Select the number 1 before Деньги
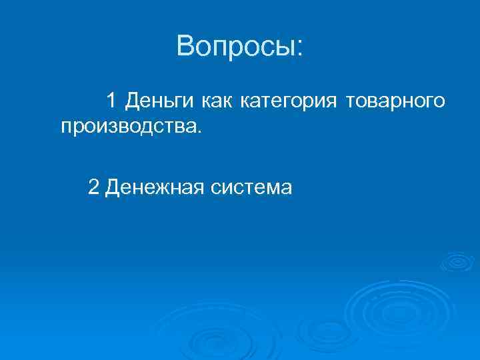click(111, 101)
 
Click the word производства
click(126, 126)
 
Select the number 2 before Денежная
click(93, 187)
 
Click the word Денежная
click(153, 188)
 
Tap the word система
click(251, 188)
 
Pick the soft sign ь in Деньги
click(165, 101)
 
